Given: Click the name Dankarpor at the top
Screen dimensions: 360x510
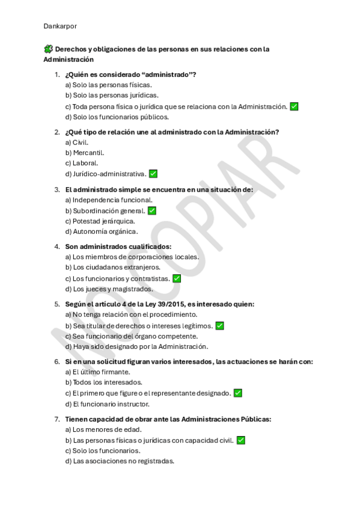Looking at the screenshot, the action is [60, 26].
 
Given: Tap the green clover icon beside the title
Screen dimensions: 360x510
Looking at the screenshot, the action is [48, 49].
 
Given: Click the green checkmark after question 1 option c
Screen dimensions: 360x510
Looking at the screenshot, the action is [294, 106].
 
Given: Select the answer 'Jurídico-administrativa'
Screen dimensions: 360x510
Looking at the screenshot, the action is [105, 174].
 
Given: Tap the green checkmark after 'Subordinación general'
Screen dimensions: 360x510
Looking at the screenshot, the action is [152, 210].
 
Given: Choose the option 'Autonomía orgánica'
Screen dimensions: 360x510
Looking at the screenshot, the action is [101, 232].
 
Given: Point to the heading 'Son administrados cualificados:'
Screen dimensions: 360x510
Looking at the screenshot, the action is [118, 247].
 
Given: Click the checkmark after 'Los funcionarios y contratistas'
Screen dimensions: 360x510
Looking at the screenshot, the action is [177, 278].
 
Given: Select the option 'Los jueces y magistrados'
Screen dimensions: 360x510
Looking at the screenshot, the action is [108, 289].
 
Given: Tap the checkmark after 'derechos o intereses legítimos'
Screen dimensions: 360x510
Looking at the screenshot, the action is [220, 325].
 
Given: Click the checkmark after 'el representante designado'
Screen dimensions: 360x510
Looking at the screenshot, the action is [238, 393].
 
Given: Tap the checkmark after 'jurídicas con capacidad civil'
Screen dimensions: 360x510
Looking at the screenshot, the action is [241, 440].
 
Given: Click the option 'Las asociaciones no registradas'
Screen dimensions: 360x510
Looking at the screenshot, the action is [119, 461].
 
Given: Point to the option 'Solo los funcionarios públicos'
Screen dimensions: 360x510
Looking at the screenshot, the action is [108, 117].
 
